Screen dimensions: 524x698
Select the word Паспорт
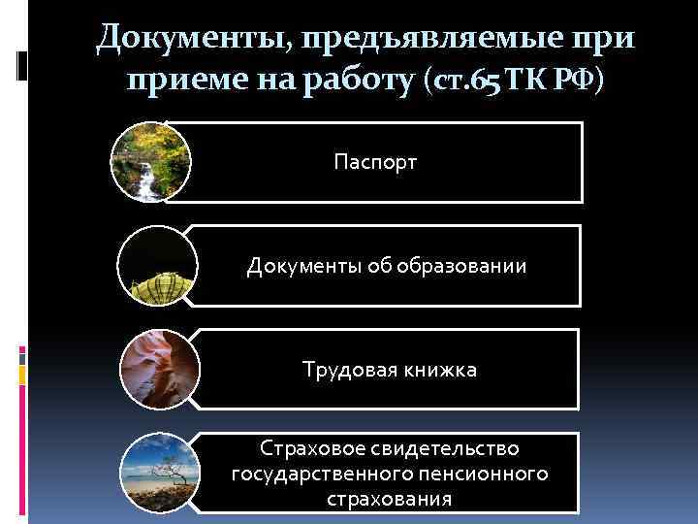pos(375,161)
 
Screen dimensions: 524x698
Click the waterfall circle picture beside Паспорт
pos(150,161)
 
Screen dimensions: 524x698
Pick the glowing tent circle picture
pos(155,265)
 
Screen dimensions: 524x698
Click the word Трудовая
pos(345,370)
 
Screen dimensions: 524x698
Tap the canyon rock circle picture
pos(158,370)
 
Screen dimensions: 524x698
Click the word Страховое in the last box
pos(308,449)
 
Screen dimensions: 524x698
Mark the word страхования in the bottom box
pos(389,499)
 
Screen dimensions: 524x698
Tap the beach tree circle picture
pos(158,474)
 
